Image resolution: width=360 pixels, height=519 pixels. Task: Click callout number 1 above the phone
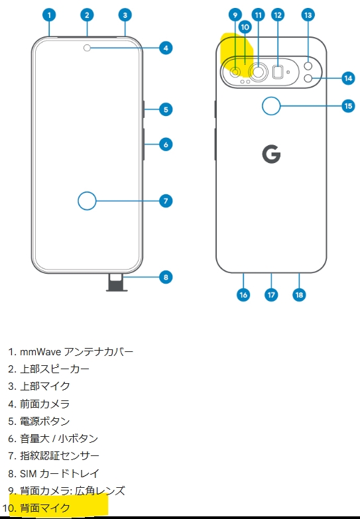pos(50,14)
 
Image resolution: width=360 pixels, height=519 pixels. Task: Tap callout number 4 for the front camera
pos(166,48)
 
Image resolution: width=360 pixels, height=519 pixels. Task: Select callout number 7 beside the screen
pos(166,200)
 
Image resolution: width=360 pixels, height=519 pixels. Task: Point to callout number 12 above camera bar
pos(278,14)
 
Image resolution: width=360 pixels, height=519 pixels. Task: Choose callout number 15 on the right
pos(347,105)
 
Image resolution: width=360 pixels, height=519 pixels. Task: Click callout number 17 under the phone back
pos(271,295)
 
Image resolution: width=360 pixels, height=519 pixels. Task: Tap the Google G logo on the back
pos(271,154)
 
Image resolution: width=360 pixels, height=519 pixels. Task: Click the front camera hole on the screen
pos(88,48)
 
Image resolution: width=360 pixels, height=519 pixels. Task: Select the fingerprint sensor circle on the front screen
pos(87,200)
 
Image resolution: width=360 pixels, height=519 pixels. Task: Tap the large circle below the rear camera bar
pos(271,105)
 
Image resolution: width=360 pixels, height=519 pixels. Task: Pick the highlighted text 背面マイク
pos(44,508)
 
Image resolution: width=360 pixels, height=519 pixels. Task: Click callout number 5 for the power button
pos(166,109)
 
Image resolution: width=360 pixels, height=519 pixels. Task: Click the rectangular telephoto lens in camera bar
pos(278,71)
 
